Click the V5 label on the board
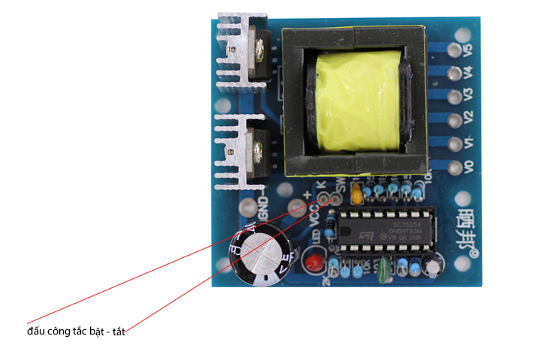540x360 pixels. [x=469, y=51]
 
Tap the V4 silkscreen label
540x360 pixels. [x=469, y=73]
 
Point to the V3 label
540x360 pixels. [x=469, y=96]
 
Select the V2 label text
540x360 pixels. [x=469, y=118]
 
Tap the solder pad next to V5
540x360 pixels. [x=453, y=51]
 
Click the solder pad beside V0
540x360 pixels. [x=453, y=165]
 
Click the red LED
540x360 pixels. [x=312, y=263]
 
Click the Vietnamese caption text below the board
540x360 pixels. [x=80, y=330]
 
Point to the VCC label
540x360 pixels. [x=313, y=217]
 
